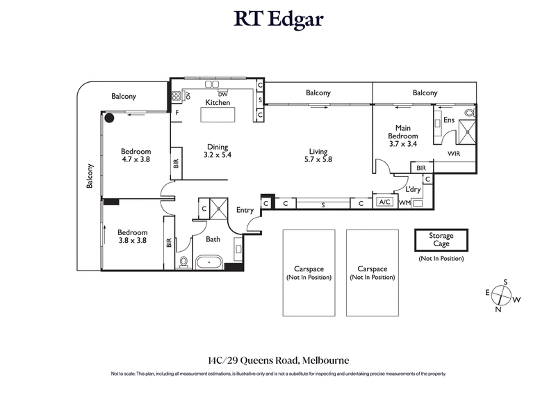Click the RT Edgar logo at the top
pos(278,19)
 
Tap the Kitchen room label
pos(218,103)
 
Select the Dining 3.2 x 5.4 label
pos(218,151)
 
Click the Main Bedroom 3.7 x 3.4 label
pos(402,136)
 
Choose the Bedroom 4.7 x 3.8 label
pos(136,155)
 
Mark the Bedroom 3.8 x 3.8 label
pos(132,236)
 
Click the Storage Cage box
pos(441,240)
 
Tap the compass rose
pos(502,296)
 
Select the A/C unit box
pos(384,202)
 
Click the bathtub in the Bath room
pos(208,264)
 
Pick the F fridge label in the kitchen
pos(177,112)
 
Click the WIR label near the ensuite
pos(454,153)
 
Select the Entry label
pos(245,210)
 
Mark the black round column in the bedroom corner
pos(109,118)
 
